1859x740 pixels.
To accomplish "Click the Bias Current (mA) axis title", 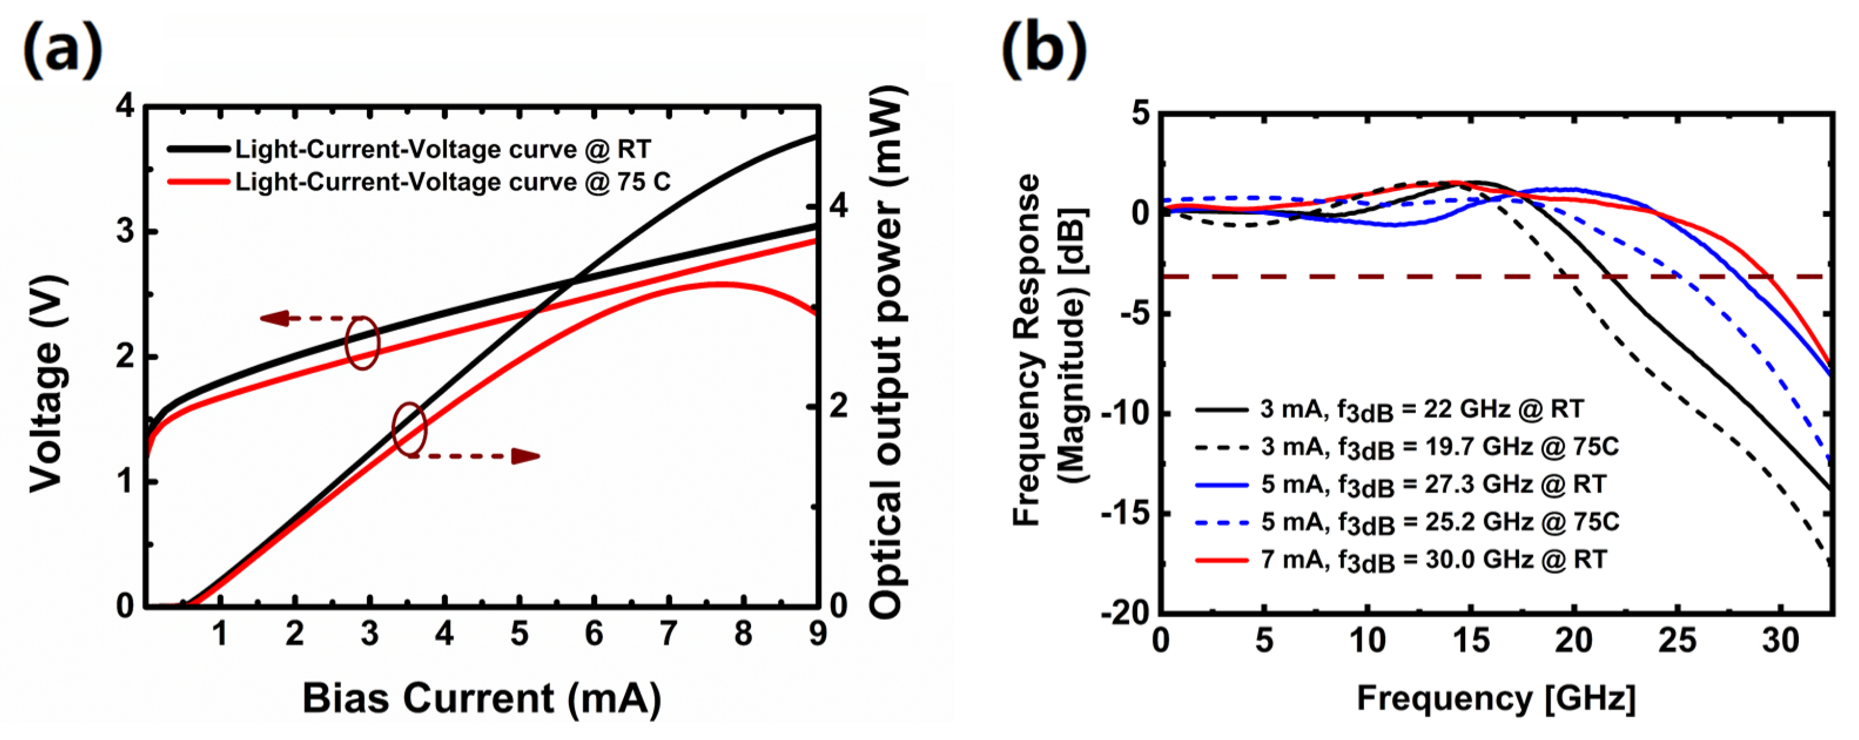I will pyautogui.click(x=481, y=698).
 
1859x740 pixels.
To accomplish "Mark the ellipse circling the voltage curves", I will pyautogui.click(x=362, y=343).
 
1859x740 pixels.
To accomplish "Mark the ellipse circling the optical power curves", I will pyautogui.click(x=409, y=429).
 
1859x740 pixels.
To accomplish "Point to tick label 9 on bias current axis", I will pyautogui.click(x=818, y=634).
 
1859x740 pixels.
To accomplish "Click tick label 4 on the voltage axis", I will pyautogui.click(x=125, y=107).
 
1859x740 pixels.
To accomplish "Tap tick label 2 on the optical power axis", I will pyautogui.click(x=839, y=407).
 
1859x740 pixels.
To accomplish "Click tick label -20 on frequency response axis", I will pyautogui.click(x=1124, y=614).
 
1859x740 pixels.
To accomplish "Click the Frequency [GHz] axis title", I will pyautogui.click(x=1496, y=698).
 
